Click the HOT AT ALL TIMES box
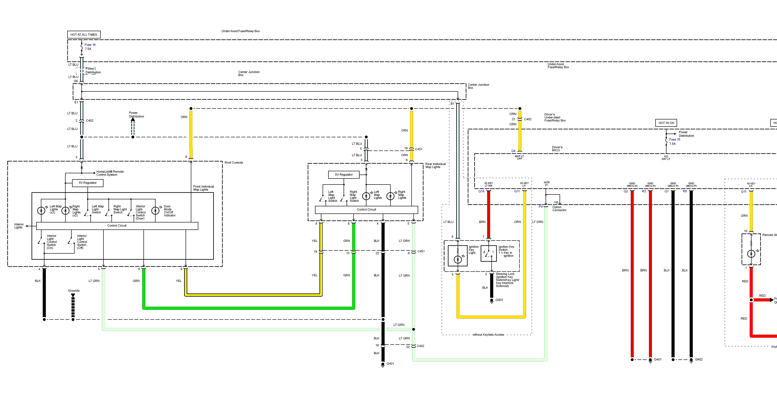(84, 35)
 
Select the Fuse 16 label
(90, 45)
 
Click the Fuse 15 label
(674, 139)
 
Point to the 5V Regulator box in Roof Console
(88, 183)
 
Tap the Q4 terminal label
(513, 151)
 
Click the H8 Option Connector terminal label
(556, 202)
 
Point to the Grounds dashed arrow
(73, 306)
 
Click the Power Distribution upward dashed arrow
(133, 126)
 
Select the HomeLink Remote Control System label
(110, 173)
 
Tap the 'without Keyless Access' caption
(488, 335)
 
